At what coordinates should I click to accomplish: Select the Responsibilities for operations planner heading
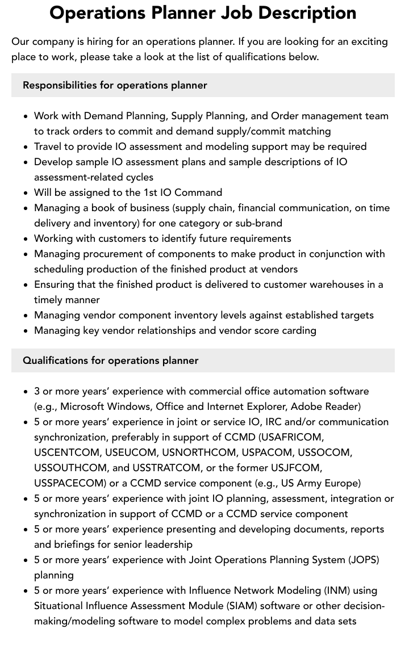[x=115, y=85]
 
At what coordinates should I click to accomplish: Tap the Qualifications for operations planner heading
[x=111, y=360]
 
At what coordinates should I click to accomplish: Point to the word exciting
[x=368, y=41]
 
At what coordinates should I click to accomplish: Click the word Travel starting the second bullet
[x=49, y=146]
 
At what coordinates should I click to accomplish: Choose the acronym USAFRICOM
[x=290, y=437]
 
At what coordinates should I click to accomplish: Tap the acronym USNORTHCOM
[x=199, y=452]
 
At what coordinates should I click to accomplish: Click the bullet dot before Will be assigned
[x=26, y=193]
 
